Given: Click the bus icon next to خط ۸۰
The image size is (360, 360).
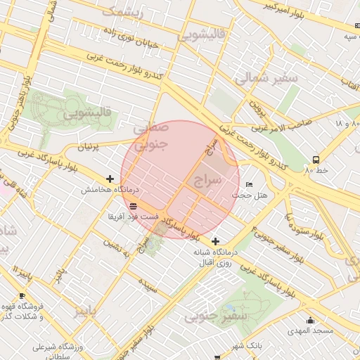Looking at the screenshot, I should [316, 160].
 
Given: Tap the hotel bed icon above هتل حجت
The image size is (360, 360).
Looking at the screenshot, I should [249, 184].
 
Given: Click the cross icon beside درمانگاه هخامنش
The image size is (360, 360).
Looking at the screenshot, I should [110, 179].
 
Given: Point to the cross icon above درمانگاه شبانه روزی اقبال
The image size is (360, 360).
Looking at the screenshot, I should [216, 241].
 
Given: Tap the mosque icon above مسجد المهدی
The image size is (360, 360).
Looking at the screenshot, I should [310, 321].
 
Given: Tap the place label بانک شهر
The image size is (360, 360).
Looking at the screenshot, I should [245, 346].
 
